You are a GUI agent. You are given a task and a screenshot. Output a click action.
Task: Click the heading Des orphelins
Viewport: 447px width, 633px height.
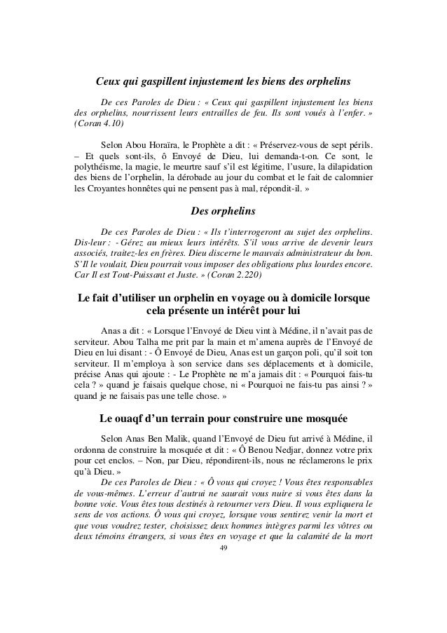pyautogui.click(x=224, y=211)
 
